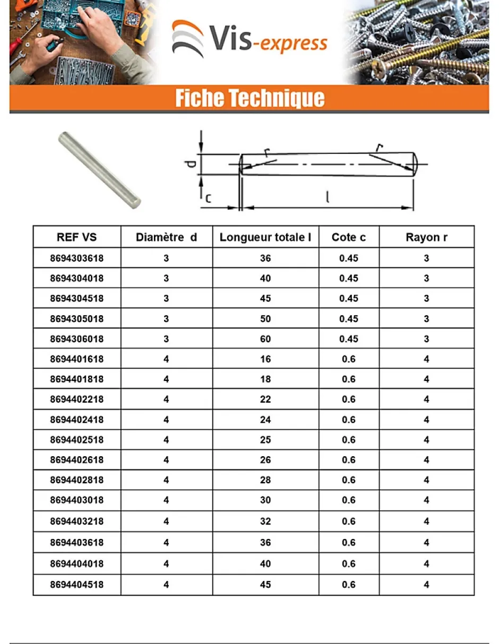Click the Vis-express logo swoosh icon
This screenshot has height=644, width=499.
point(187,39)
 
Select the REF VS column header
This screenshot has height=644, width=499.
point(76,237)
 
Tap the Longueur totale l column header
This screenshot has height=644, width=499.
point(265,237)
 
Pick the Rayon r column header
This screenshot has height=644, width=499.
point(426,237)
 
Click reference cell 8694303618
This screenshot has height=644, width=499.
point(76,258)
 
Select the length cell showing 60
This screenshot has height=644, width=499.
point(265,339)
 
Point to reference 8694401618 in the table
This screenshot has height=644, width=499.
point(76,359)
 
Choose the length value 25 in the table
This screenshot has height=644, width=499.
point(265,440)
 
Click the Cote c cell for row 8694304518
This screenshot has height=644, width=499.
point(349,299)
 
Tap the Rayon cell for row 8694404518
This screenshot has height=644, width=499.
point(426,585)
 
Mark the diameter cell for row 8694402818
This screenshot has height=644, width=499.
point(166,480)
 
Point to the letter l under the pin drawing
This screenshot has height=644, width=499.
point(328,198)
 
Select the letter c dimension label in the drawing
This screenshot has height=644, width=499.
point(208,198)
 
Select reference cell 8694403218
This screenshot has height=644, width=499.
point(76,521)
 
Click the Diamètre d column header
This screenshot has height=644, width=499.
point(166,237)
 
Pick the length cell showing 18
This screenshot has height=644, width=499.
point(265,379)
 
